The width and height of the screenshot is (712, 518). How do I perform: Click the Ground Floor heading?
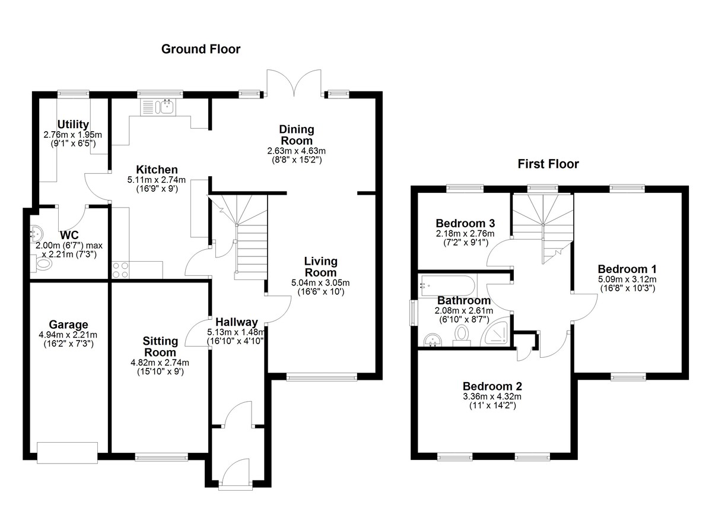tap(201, 49)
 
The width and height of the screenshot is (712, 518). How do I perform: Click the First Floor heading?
tap(548, 164)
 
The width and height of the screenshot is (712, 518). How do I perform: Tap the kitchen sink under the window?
tap(158, 107)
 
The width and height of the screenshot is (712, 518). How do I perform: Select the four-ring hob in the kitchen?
tap(120, 270)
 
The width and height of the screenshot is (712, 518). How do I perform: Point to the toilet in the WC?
tap(42, 263)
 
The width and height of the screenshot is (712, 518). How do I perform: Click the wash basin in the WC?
tap(36, 234)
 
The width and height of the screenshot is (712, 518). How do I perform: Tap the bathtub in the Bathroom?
tap(447, 286)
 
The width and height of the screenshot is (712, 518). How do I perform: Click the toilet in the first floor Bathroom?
tap(462, 336)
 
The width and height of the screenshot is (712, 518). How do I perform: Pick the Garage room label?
tap(68, 325)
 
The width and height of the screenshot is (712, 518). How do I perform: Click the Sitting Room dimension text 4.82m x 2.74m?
tap(160, 363)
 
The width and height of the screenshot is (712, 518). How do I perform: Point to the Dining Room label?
tap(297, 135)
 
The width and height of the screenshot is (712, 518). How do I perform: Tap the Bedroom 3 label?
tap(465, 224)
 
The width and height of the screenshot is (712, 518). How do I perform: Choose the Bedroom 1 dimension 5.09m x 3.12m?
tap(628, 279)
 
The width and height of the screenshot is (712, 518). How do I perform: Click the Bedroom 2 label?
tap(492, 386)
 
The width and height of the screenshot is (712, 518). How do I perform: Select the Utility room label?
tap(73, 124)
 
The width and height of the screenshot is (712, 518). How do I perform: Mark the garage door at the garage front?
tap(67, 453)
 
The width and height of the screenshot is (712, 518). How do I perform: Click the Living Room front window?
tap(322, 377)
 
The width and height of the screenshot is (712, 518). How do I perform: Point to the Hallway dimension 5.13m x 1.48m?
tap(236, 332)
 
